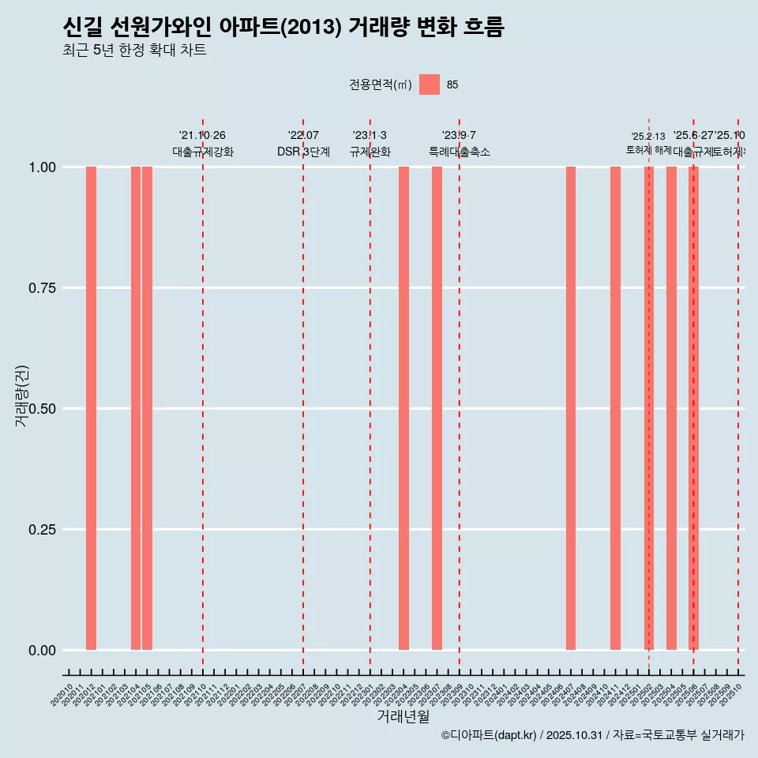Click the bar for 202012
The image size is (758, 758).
pos(91,408)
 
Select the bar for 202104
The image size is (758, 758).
pos(136,408)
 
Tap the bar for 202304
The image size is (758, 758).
pos(403,408)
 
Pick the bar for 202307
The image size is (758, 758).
pos(437,408)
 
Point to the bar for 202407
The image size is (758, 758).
pos(571,408)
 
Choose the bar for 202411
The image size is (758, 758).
pos(615,408)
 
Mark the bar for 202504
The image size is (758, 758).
pos(671,408)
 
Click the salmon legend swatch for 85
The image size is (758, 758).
pos(430,84)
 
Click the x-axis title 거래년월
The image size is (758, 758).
pos(403,716)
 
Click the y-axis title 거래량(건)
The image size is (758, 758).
pos(22,396)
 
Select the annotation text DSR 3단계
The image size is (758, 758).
pos(303,152)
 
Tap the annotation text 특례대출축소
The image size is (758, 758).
pos(460,152)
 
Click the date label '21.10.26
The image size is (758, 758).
pos(202,135)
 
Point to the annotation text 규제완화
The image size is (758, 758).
pos(370,152)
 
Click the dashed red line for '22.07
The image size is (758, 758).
pos(303,395)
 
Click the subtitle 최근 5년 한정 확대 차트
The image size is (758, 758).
pos(134,51)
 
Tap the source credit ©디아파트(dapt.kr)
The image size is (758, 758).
pos(489,735)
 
